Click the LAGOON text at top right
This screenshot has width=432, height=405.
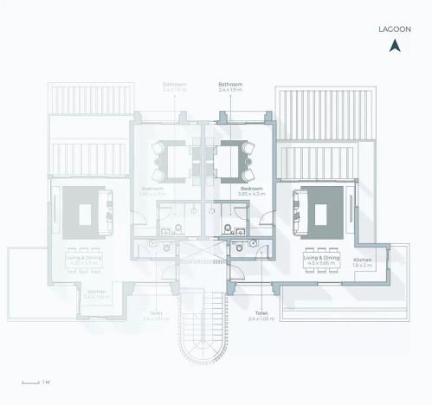pyautogui.click(x=395, y=29)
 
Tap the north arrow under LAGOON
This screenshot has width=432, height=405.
pyautogui.click(x=395, y=46)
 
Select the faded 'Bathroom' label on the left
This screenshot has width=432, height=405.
pyautogui.click(x=174, y=87)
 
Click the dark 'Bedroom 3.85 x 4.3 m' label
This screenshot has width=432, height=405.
pyautogui.click(x=251, y=190)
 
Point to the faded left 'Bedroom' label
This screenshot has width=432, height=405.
pyautogui.click(x=152, y=190)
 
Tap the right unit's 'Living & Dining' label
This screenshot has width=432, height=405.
pyautogui.click(x=321, y=260)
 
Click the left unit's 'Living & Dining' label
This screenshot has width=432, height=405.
pyautogui.click(x=83, y=255)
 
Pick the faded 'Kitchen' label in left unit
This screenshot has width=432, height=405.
pyautogui.click(x=97, y=294)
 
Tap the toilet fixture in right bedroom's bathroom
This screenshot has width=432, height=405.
pyautogui.click(x=227, y=229)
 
